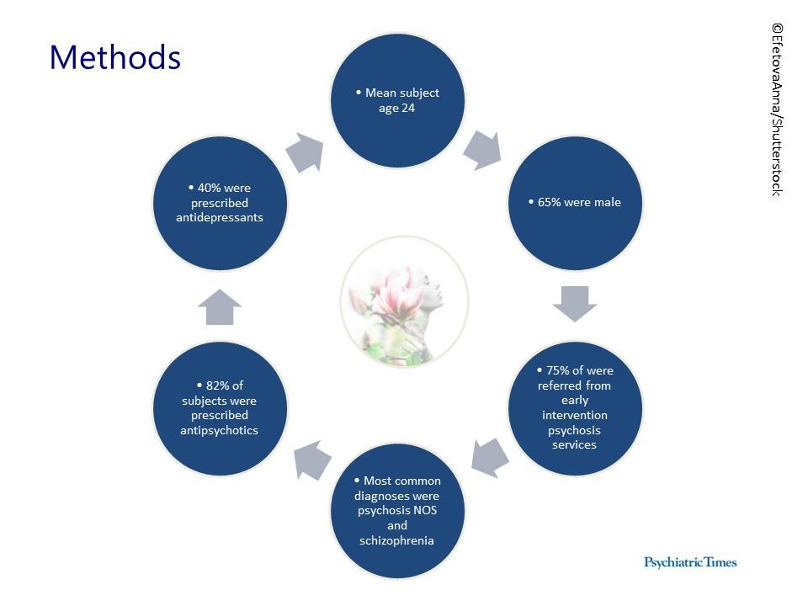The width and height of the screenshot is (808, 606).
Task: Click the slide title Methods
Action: (x=114, y=57)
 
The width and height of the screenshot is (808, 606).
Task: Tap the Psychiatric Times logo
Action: (x=689, y=561)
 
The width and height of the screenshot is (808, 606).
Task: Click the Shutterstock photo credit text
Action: (x=776, y=109)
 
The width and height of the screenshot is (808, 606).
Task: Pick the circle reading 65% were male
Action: (x=575, y=203)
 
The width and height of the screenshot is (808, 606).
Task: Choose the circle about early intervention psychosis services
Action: (x=575, y=407)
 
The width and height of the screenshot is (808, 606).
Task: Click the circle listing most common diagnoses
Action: (x=396, y=510)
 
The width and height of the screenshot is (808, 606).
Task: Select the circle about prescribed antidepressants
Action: (x=220, y=203)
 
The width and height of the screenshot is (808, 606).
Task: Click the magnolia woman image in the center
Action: (x=405, y=302)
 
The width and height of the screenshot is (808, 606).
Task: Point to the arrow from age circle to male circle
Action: (x=482, y=150)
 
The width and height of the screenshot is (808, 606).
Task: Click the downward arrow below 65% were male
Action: (x=575, y=303)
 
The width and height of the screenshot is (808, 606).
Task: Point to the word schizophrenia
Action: (x=396, y=540)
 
